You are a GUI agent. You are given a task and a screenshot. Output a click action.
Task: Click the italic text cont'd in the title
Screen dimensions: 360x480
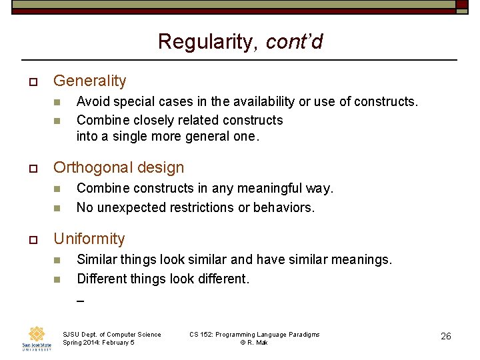click(294, 42)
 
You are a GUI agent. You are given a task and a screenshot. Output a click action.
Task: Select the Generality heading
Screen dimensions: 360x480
click(89, 81)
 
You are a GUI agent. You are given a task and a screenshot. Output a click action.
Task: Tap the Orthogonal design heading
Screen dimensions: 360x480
click(119, 167)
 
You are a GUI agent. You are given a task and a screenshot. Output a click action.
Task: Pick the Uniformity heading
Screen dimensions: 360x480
click(89, 239)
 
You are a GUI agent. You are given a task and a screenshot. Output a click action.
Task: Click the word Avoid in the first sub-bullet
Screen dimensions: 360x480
click(92, 101)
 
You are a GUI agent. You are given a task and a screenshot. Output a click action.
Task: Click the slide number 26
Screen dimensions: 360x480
click(446, 336)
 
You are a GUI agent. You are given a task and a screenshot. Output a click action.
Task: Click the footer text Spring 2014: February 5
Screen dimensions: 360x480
click(98, 343)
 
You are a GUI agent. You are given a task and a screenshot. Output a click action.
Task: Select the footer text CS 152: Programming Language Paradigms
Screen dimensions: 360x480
click(254, 334)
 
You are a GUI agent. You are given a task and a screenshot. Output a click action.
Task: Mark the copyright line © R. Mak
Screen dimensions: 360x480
click(254, 343)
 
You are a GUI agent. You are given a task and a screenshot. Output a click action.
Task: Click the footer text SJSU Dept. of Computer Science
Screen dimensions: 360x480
click(111, 334)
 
